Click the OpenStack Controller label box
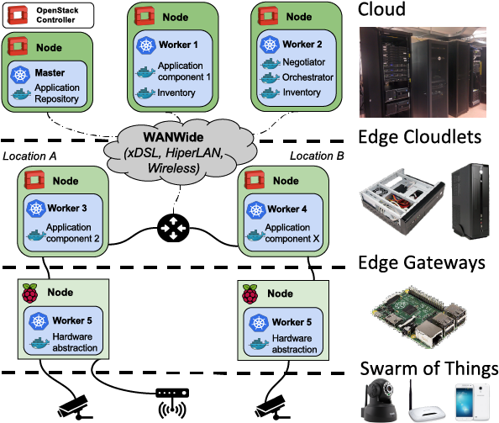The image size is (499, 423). pos(48,15)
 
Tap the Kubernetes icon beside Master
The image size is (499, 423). pos(20,74)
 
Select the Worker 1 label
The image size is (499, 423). pos(178,45)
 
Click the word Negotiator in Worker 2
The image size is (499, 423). pos(303,62)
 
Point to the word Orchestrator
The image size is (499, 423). pos(307,77)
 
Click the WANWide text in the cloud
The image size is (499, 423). pos(173,137)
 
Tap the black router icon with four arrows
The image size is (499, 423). pos(173,228)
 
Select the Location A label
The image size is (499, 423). pos(29,156)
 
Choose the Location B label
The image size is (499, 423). pos(317,156)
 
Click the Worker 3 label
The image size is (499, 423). pos(67,209)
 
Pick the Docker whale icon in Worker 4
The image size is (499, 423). pos(255,235)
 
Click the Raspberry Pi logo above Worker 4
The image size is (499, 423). pos(250,293)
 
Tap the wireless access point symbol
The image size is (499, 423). pos(172,403)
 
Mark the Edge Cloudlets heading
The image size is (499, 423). pos(419,137)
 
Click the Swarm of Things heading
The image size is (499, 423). pos(429,368)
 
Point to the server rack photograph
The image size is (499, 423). pos(423,72)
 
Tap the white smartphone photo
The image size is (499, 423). pos(472,401)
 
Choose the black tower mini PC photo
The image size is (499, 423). pos(470,201)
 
